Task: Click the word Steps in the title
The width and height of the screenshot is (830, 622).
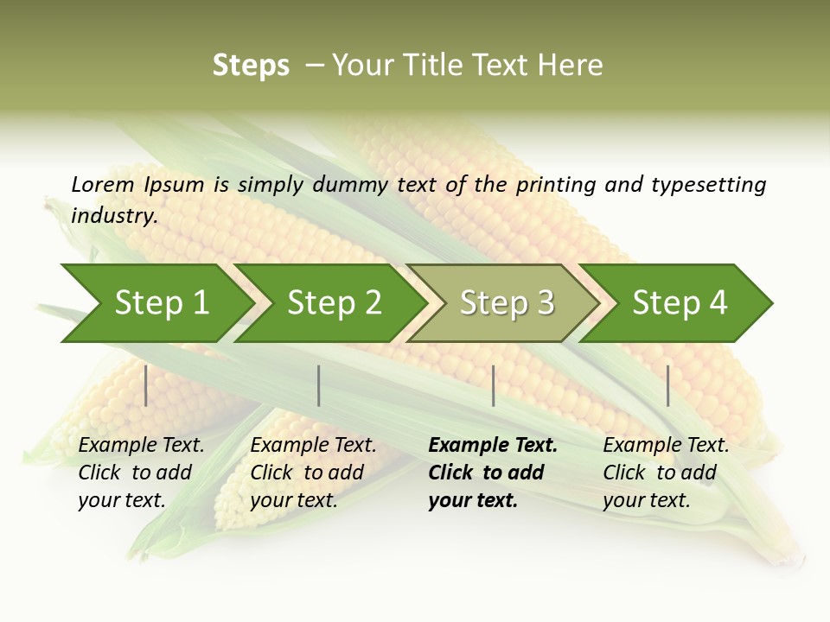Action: click(x=251, y=66)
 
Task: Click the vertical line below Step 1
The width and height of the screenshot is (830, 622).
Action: click(x=146, y=385)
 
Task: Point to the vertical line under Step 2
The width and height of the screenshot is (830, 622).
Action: click(x=319, y=385)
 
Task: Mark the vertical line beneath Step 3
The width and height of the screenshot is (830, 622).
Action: click(x=493, y=385)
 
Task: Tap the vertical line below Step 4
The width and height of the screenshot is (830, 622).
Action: click(x=667, y=385)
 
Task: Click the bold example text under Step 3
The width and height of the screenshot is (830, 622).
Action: click(x=491, y=473)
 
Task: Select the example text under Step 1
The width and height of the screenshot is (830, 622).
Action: click(x=140, y=473)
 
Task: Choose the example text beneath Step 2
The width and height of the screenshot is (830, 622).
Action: click(x=312, y=473)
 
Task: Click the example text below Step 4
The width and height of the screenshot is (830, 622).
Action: click(x=665, y=473)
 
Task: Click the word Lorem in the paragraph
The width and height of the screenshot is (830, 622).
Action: click(x=103, y=184)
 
